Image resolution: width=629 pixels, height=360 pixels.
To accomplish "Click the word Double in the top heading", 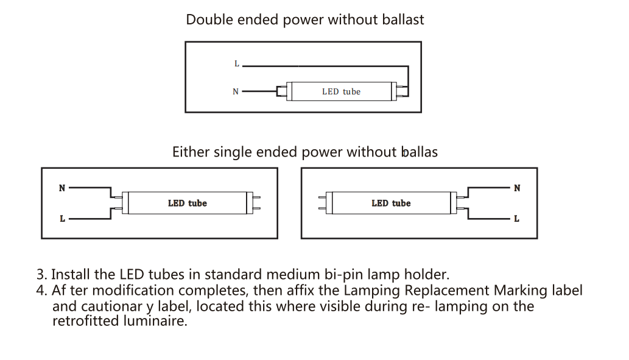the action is point(209,19).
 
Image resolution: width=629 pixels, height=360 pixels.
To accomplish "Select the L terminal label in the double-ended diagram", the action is point(237,64).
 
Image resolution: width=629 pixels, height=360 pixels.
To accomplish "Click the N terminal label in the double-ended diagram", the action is point(236,91).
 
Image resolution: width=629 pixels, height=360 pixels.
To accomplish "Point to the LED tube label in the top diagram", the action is point(341,91).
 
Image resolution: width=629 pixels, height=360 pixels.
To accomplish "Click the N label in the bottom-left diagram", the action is point(61,188).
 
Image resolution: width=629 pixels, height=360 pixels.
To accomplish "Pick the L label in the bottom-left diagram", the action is point(62,219).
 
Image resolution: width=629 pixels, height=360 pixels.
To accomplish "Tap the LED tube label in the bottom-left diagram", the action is point(188,203).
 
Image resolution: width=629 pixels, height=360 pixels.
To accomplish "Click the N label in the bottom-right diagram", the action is point(517,188).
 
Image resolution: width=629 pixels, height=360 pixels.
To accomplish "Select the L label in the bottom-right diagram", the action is point(517,219).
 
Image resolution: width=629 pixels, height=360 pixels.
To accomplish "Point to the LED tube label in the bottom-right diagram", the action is point(391,203).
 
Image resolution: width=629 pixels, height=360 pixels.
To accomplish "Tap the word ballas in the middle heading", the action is point(420,152).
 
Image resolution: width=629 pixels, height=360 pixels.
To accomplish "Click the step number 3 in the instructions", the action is point(41,275).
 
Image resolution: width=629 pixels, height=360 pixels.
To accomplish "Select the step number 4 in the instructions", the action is point(40,291).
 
